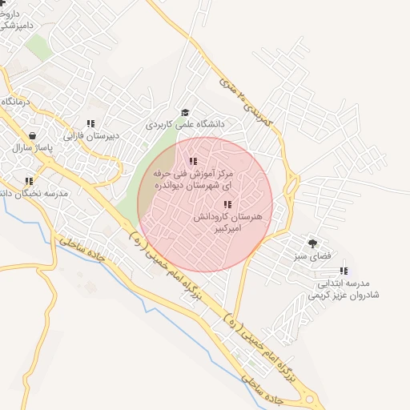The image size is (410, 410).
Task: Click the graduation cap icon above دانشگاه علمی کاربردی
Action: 185,113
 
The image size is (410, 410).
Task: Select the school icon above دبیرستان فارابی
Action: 90,123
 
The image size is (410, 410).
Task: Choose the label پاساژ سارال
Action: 32,149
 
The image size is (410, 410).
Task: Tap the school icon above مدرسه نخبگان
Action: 29,181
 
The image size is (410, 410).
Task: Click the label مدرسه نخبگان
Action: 35,194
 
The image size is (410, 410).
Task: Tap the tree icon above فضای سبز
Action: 312,242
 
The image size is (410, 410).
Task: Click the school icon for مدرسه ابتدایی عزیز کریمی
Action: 344,271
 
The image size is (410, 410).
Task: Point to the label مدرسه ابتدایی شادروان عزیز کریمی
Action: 344,289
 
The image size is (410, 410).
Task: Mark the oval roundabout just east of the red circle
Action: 291,187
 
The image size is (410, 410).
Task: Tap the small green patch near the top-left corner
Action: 37,48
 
